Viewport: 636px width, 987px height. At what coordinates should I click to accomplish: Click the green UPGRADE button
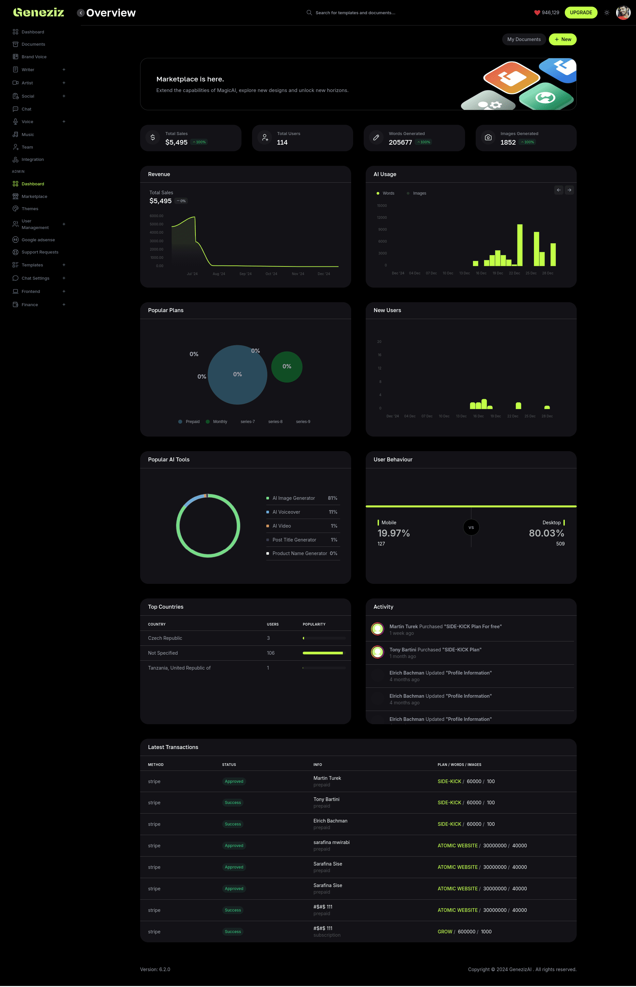[x=581, y=12]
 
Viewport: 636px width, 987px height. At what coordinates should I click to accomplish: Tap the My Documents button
[x=524, y=39]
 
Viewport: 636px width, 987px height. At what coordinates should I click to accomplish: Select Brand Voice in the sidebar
[x=34, y=57]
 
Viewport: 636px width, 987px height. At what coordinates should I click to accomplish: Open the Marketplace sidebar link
[x=34, y=196]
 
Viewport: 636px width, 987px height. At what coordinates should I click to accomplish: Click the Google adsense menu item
[x=38, y=240]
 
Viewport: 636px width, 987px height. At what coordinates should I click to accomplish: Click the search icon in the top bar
[x=309, y=12]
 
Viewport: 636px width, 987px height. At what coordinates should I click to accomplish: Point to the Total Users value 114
[x=282, y=142]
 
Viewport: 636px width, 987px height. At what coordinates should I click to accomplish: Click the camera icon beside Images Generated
[x=488, y=137]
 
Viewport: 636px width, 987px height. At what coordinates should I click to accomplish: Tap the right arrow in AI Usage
[x=569, y=190]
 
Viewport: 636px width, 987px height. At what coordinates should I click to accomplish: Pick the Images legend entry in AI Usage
[x=419, y=193]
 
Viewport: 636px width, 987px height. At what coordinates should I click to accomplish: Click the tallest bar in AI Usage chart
[x=519, y=245]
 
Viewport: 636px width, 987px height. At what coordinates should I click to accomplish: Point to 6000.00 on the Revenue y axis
[x=157, y=216]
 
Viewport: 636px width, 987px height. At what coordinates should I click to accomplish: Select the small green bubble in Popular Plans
[x=287, y=367]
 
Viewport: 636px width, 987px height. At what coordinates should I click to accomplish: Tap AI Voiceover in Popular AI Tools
[x=286, y=512]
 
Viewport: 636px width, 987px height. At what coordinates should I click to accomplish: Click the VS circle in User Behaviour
[x=471, y=527]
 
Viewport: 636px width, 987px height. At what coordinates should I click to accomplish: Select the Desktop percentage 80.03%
[x=546, y=533]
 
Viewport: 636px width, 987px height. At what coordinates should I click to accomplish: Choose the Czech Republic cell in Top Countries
[x=165, y=638]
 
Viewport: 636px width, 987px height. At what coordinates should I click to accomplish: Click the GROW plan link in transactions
[x=445, y=931]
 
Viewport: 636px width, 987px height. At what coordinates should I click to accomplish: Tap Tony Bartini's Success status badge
[x=233, y=803]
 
